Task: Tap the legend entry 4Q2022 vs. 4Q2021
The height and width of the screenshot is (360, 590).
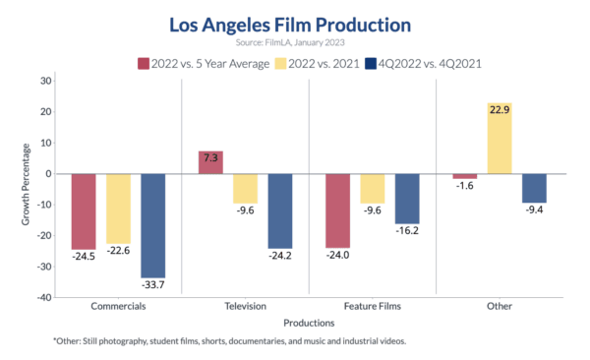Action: point(440,63)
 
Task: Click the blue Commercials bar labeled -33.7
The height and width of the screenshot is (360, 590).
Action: point(152,225)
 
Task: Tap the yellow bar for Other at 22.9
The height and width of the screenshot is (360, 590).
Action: point(472,139)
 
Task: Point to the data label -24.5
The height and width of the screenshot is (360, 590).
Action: point(85,258)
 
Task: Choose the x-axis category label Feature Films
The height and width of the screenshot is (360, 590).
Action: point(373,306)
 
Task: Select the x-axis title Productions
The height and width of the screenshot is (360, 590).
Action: point(309,322)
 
